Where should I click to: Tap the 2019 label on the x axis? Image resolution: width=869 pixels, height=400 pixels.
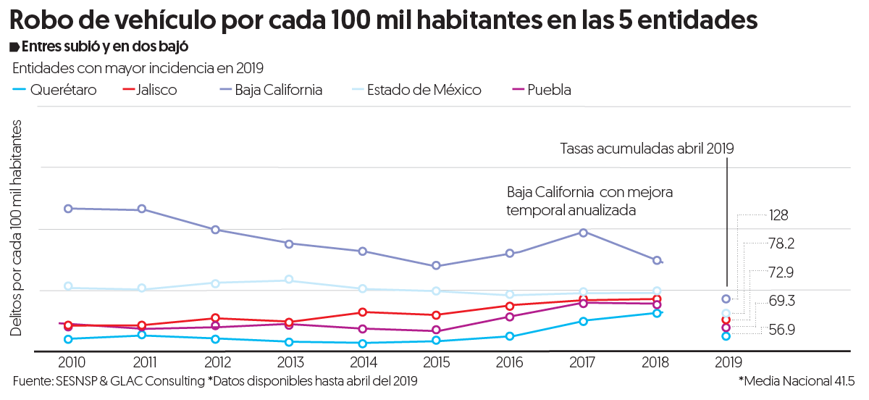pyautogui.click(x=726, y=362)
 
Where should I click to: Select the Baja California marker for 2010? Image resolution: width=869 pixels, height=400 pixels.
pyautogui.click(x=68, y=209)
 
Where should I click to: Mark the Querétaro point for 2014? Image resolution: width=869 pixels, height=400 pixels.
pyautogui.click(x=362, y=343)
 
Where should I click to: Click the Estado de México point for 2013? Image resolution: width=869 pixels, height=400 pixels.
pyautogui.click(x=289, y=280)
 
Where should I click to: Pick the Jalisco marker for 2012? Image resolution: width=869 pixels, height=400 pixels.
pyautogui.click(x=216, y=318)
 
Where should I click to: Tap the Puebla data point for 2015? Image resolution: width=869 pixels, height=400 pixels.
pyautogui.click(x=436, y=330)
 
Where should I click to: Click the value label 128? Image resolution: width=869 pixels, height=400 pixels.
pyautogui.click(x=778, y=216)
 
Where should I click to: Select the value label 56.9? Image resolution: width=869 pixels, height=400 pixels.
pyautogui.click(x=781, y=330)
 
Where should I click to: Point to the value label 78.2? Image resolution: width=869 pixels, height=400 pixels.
pyautogui.click(x=781, y=244)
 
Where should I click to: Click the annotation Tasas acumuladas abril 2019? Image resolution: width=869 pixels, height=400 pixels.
pyautogui.click(x=647, y=149)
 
